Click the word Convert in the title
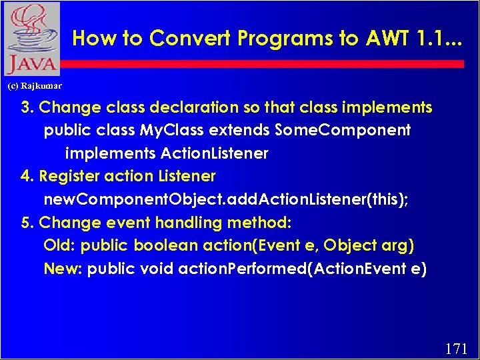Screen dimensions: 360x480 185,38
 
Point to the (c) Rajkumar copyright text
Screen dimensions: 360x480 34,86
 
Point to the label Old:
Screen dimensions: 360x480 59,246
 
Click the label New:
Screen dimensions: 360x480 63,269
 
